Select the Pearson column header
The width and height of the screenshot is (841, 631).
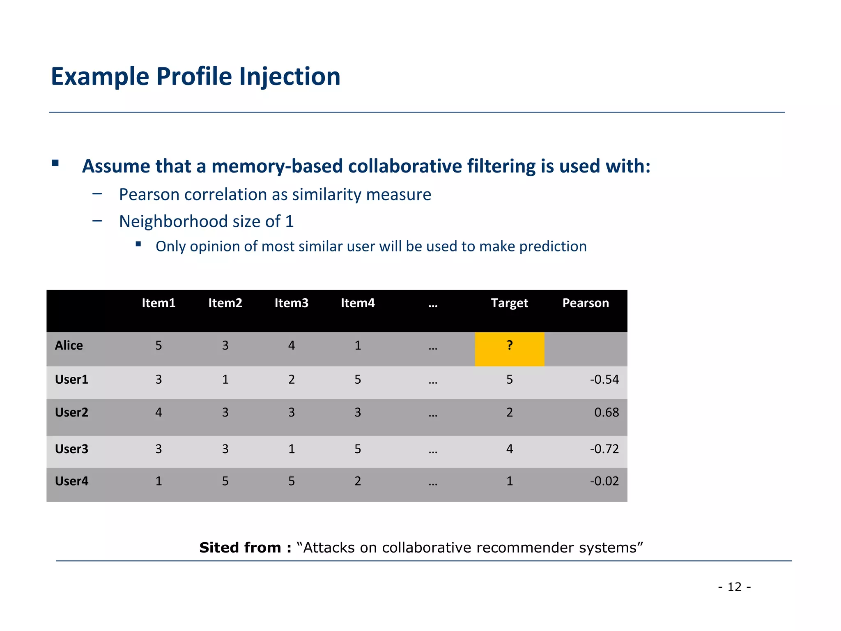click(x=585, y=303)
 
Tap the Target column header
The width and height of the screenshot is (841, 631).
click(x=509, y=303)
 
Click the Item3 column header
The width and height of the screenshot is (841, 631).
click(x=291, y=303)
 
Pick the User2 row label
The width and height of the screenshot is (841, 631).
click(x=71, y=412)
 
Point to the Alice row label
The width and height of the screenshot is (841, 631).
click(x=69, y=345)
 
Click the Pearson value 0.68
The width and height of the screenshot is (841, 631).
click(x=606, y=412)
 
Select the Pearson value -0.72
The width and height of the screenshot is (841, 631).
click(x=604, y=449)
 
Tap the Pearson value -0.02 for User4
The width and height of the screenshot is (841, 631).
click(x=604, y=481)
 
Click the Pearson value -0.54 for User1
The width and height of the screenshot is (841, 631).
click(x=604, y=380)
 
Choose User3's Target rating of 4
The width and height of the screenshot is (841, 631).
click(x=509, y=449)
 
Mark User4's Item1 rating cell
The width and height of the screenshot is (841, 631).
click(x=159, y=481)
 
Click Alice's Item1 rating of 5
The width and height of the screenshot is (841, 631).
click(x=159, y=345)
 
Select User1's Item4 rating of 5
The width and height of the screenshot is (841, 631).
click(x=358, y=380)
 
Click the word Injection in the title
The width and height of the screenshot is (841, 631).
click(x=290, y=77)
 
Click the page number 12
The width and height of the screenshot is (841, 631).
click(x=735, y=587)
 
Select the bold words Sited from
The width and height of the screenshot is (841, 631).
click(x=245, y=548)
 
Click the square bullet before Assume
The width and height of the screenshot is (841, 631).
click(x=55, y=163)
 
